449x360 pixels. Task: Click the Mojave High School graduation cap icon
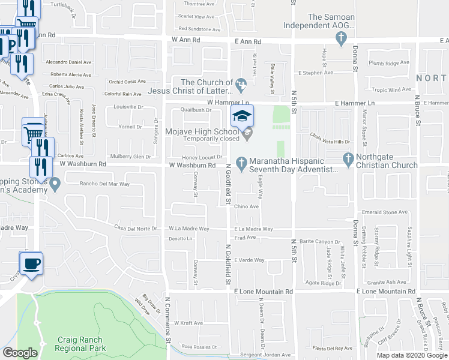[x=242, y=116]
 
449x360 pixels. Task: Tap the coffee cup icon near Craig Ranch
[x=31, y=262]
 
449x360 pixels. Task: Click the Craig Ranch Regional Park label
[x=82, y=343]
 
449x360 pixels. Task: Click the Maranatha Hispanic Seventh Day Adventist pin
[x=241, y=162]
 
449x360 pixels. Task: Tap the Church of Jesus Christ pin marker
[x=241, y=83]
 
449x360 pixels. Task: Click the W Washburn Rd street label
[x=192, y=165]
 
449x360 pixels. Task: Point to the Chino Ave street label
[x=246, y=206]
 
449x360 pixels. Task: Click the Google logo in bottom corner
[x=20, y=353]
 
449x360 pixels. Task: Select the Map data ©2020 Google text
[x=412, y=355]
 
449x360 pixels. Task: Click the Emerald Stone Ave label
[x=385, y=212]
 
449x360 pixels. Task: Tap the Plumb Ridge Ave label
[x=388, y=63]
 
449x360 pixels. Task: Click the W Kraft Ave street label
[x=188, y=323]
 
